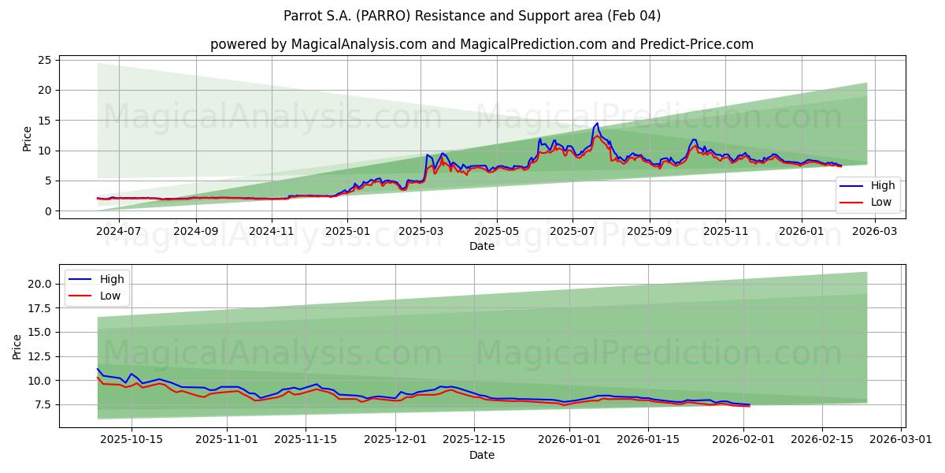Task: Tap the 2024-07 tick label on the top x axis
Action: pos(119,231)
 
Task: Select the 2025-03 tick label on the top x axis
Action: pos(421,231)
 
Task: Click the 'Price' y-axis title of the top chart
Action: pos(28,138)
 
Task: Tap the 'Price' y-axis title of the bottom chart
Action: pos(17,346)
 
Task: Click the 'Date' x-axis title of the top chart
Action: pos(481,246)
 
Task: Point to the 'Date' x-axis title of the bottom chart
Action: pos(481,455)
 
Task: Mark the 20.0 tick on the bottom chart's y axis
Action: pos(39,284)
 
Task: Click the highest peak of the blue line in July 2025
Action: pos(597,123)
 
